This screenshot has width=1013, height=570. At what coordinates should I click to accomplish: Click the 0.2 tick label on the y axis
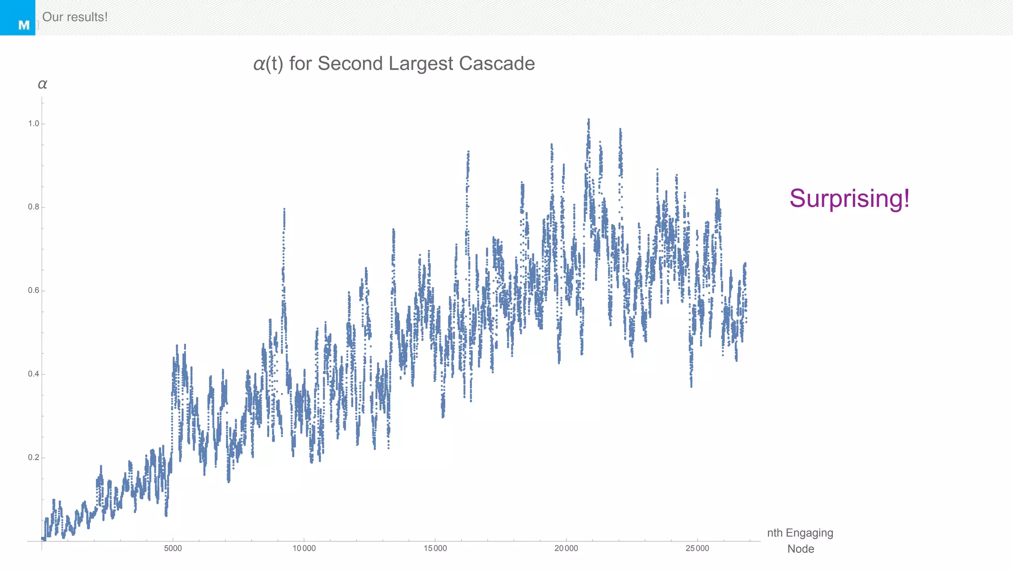[x=33, y=457]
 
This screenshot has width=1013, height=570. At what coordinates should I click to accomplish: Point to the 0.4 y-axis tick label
[x=33, y=374]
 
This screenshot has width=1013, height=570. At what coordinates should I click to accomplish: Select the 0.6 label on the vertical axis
[x=33, y=290]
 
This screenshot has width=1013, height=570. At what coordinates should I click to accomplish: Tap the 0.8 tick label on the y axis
[x=33, y=207]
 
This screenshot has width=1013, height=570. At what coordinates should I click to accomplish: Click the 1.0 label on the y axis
[x=33, y=124]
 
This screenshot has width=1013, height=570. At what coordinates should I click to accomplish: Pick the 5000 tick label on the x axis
[x=173, y=548]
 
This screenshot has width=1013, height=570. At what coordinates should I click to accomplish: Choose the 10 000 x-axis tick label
[x=304, y=548]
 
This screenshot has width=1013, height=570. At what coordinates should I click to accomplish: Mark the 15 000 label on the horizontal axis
[x=435, y=548]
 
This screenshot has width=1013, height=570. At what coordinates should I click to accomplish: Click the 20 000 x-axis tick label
[x=566, y=548]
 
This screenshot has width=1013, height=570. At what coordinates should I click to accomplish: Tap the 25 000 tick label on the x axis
[x=697, y=548]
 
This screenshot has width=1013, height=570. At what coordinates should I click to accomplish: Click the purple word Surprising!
[x=849, y=198]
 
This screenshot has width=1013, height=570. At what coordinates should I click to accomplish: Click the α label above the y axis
[x=43, y=84]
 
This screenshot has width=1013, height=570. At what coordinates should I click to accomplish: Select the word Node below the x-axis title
[x=800, y=549]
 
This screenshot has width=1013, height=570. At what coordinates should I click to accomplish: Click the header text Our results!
[x=75, y=17]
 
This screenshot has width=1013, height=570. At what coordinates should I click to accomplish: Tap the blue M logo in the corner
[x=18, y=18]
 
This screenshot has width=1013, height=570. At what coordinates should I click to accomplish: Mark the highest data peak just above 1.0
[x=589, y=120]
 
